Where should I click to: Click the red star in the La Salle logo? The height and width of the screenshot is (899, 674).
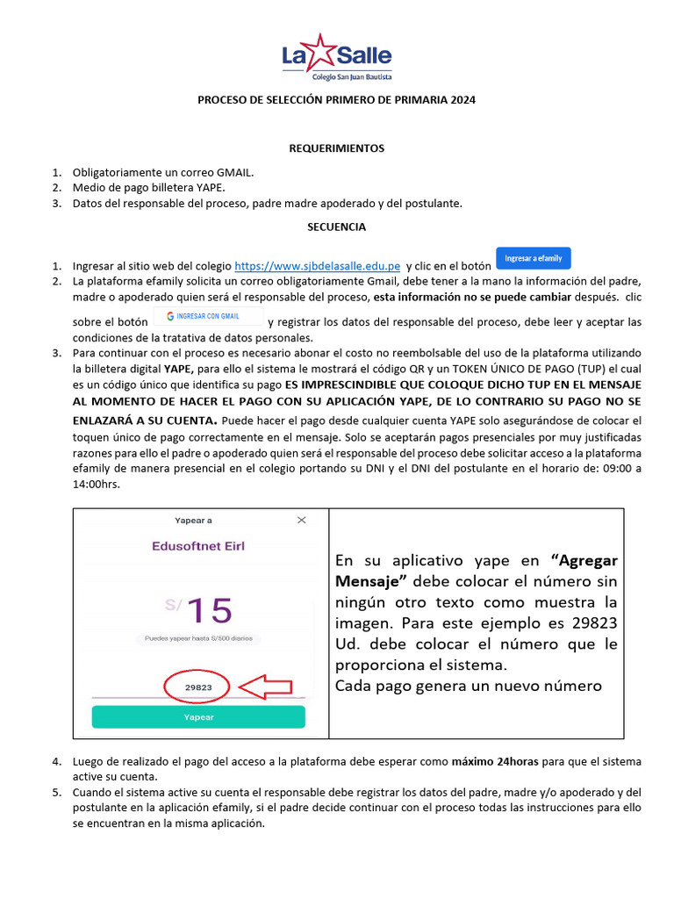(x=320, y=52)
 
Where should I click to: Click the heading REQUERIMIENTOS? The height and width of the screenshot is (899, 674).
(x=337, y=148)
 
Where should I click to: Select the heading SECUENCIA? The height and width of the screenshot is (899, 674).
(x=336, y=227)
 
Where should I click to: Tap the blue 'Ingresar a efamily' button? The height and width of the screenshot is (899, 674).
(x=534, y=258)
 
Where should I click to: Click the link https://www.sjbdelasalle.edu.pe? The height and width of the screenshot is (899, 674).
(x=319, y=265)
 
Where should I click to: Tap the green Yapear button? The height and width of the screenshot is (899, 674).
(x=198, y=716)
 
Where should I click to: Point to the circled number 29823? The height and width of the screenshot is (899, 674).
(x=197, y=687)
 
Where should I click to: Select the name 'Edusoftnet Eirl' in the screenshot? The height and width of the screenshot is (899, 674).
(x=198, y=546)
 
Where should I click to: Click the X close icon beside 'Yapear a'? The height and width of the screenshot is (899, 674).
(x=302, y=521)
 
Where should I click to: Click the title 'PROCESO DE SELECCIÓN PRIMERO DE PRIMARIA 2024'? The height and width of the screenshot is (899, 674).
(x=336, y=100)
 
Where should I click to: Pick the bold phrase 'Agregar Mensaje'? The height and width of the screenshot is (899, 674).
(x=477, y=571)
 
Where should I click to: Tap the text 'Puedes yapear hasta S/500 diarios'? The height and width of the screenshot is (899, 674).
(x=198, y=638)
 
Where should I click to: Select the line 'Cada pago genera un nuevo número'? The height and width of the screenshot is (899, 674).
(x=469, y=686)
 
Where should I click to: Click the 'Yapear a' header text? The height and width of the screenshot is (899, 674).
(x=194, y=521)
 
